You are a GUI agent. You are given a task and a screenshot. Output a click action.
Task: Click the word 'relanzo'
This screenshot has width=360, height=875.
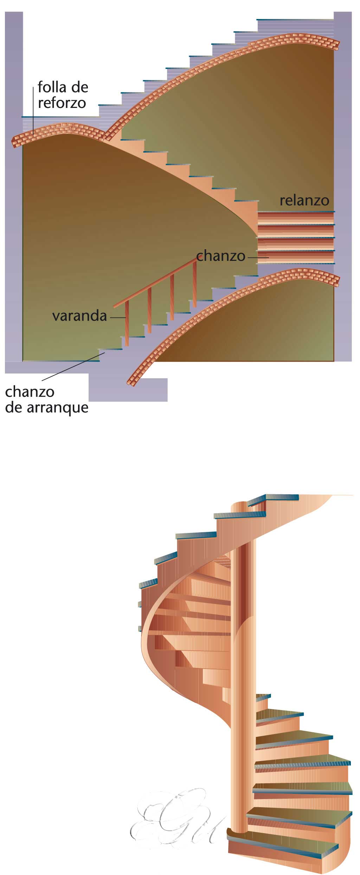point(304,201)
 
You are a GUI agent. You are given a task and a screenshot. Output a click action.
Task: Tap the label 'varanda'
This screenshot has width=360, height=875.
point(79,316)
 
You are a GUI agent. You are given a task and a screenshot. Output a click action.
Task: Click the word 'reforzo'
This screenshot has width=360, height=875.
point(62,103)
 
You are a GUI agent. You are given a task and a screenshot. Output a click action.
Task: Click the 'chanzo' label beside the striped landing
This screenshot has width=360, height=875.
point(220,256)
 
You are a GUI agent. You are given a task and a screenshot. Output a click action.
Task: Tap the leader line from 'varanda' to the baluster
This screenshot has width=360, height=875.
point(117,318)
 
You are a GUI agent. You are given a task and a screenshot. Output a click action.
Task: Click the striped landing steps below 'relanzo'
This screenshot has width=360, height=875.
point(295,237)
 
